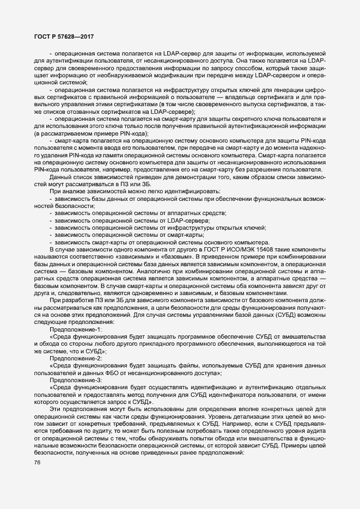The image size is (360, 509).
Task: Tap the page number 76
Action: pyautogui.click(x=38, y=463)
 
